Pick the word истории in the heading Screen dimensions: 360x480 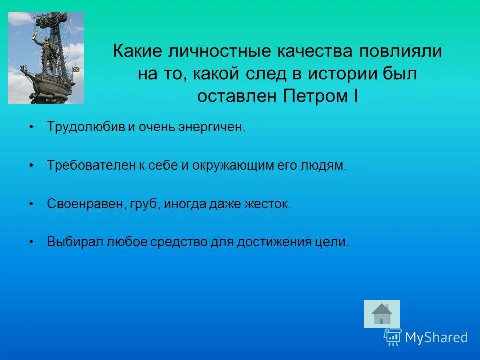pos(343,74)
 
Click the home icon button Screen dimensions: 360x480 pos(382,314)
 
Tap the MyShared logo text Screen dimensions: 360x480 pos(436,337)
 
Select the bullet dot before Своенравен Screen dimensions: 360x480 pos(32,204)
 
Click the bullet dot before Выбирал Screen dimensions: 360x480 pos(32,242)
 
